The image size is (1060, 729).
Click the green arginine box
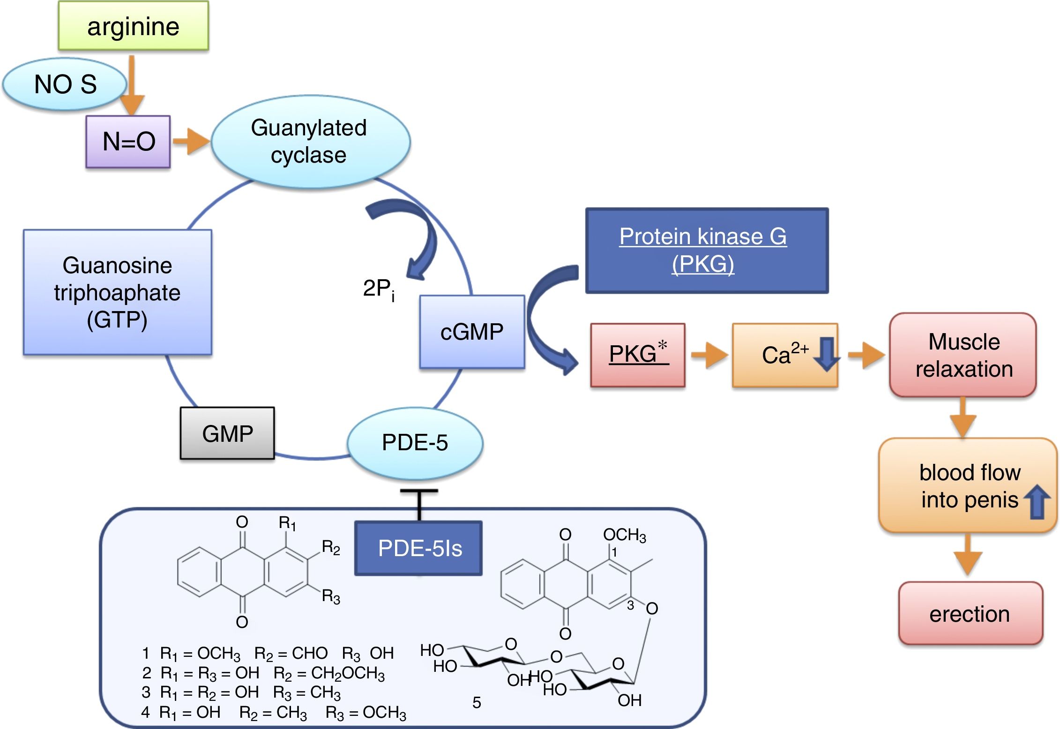point(133,26)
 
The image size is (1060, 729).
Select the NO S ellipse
point(65,84)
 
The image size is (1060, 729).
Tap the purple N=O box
point(128,141)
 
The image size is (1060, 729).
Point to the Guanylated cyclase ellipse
point(310,141)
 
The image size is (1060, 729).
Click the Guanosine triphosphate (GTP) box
point(117,292)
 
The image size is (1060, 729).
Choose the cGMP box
point(472,332)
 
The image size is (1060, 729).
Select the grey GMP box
point(227,433)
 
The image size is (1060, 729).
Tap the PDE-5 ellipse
point(415,443)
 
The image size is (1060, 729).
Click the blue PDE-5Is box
point(419,548)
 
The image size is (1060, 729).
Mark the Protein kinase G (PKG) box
point(706,251)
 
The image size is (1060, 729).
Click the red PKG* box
point(637,355)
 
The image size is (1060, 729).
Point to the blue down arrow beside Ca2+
point(826,354)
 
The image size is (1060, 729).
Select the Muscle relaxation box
point(963,355)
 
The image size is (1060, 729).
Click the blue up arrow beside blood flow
point(1037,501)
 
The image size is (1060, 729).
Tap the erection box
point(970,613)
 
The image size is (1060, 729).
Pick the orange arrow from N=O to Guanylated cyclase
point(191,141)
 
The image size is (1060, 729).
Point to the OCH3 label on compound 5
point(624,535)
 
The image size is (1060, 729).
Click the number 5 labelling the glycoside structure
point(477,702)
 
